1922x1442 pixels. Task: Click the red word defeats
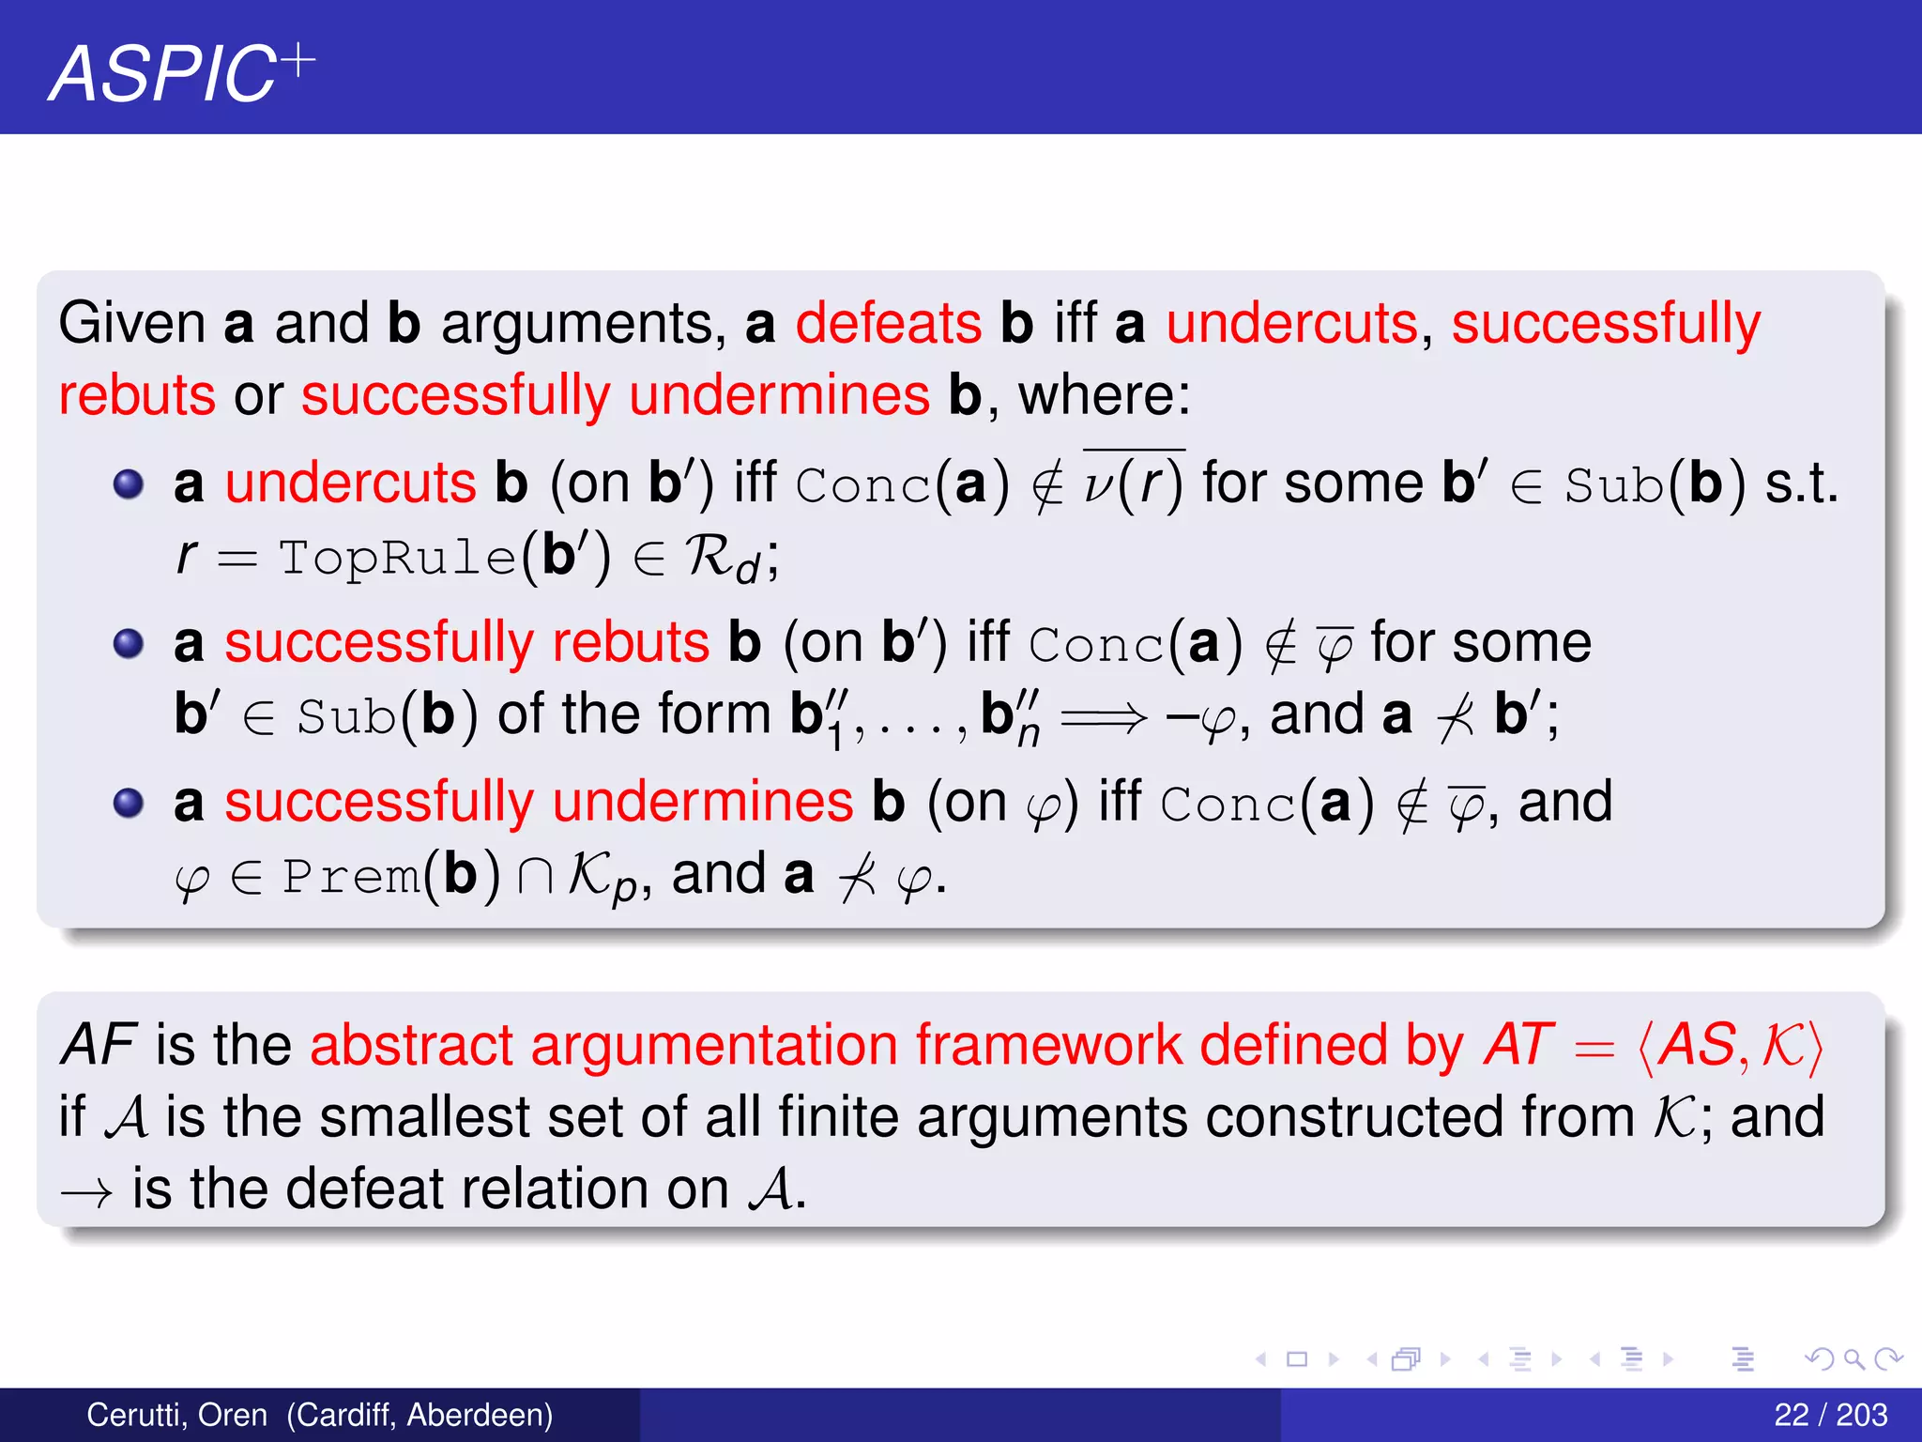[888, 324]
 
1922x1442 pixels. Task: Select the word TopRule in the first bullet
[397, 558]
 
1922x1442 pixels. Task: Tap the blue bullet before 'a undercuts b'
[129, 484]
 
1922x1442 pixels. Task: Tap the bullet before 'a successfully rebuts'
[129, 644]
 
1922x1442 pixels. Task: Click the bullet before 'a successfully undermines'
[129, 804]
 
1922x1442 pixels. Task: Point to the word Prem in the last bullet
[350, 877]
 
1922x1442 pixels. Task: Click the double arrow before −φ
[1103, 719]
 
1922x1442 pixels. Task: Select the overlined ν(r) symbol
[1134, 484]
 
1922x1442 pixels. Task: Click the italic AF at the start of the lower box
[99, 1045]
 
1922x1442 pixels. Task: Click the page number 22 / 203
[1830, 1415]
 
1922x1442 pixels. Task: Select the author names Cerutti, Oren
[176, 1415]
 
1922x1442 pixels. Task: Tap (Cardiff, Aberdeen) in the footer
[419, 1415]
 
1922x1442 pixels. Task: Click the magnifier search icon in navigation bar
[1853, 1358]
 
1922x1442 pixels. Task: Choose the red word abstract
[411, 1045]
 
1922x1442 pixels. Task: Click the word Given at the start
[131, 324]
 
